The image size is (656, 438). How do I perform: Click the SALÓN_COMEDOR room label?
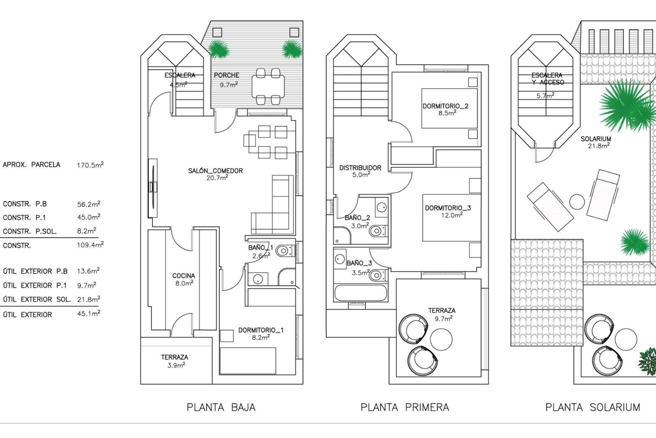point(215,171)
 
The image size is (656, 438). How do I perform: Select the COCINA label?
point(183,275)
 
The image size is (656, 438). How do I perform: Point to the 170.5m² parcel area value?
point(90,165)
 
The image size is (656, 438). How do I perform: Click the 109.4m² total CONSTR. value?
point(90,245)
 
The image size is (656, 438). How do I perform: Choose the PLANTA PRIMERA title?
point(405,407)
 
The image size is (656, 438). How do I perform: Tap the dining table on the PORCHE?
point(268,86)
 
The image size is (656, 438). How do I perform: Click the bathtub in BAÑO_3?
point(361,293)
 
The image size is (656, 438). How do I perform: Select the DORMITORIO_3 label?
point(448,208)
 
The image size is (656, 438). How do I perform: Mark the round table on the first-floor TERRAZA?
point(441,338)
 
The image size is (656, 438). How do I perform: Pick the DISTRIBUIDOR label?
point(360,168)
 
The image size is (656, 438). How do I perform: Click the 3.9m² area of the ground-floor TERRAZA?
point(176,365)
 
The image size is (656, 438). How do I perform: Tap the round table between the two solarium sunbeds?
point(577,202)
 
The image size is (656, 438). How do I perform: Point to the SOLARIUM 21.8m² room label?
point(596,142)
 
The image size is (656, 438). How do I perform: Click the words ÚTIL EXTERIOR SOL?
point(37,299)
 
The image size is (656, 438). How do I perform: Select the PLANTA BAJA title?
point(221,407)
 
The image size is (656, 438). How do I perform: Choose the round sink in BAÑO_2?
point(381,207)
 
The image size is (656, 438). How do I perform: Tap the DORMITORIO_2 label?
point(445,106)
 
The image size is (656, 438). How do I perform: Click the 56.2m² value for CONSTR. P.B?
point(88,204)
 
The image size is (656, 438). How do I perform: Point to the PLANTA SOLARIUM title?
point(592,407)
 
